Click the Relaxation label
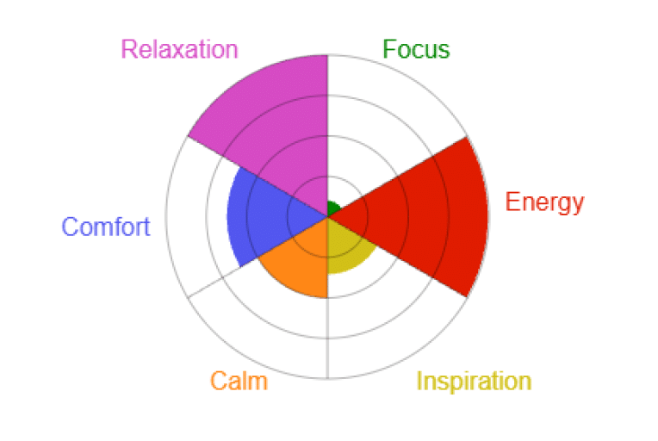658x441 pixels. tap(180, 49)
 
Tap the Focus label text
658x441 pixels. tap(416, 49)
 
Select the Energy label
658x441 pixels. tap(544, 203)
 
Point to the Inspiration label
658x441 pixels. tap(474, 382)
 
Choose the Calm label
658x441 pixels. tap(239, 381)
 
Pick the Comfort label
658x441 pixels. tap(106, 227)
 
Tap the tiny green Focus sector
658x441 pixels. tap(332, 208)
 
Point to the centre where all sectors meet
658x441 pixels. tap(327, 216)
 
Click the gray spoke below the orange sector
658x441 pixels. tap(327, 339)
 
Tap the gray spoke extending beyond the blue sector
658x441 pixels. tap(214, 282)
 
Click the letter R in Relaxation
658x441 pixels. tap(128, 49)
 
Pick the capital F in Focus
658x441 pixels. tap(389, 49)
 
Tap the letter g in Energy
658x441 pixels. tap(562, 206)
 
